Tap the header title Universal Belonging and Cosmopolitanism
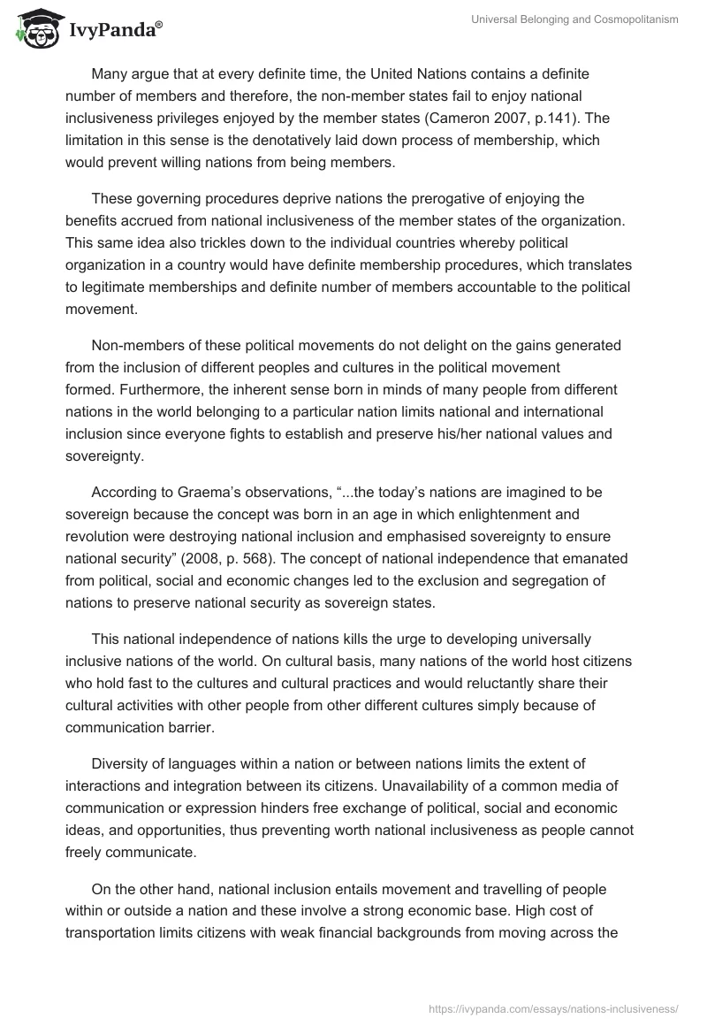click(x=576, y=20)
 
